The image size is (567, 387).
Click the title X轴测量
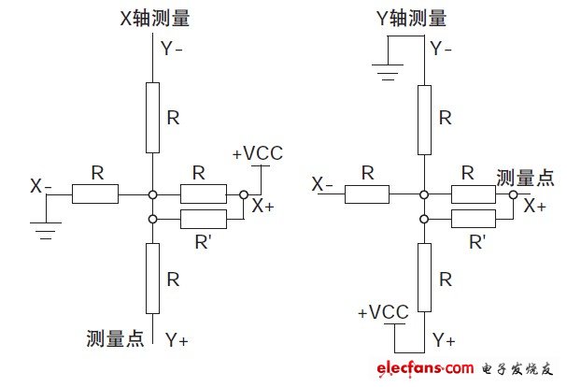(x=152, y=18)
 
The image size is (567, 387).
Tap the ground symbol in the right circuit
(x=388, y=67)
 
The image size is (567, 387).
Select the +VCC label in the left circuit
(x=257, y=152)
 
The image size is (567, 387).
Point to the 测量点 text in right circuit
(x=524, y=177)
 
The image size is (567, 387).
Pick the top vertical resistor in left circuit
(x=152, y=117)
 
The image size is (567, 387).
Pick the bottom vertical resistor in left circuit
(x=152, y=278)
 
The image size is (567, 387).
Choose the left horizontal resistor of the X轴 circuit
(x=95, y=194)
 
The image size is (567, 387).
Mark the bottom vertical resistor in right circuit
(x=424, y=278)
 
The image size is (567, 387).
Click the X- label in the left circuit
(x=40, y=186)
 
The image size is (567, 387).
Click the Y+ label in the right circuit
(x=444, y=340)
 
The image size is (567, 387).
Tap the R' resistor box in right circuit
(x=475, y=219)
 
